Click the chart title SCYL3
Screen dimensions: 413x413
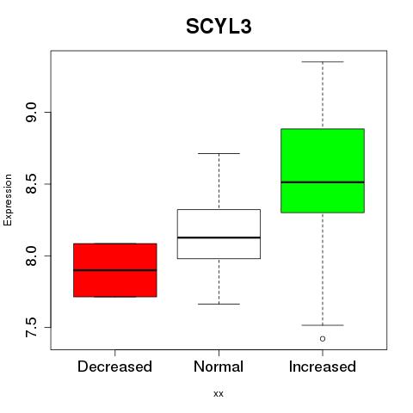click(x=219, y=27)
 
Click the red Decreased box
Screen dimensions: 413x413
click(x=115, y=270)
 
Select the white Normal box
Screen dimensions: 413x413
click(x=219, y=234)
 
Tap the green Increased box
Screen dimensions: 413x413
click(x=323, y=170)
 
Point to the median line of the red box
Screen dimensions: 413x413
click(x=115, y=270)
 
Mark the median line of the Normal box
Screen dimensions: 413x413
click(x=219, y=237)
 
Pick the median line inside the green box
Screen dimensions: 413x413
click(x=323, y=182)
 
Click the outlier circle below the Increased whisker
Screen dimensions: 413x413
click(x=323, y=339)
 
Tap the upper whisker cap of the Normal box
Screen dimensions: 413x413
click(x=219, y=153)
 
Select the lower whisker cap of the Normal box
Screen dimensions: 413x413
click(x=219, y=304)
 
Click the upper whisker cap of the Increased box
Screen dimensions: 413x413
click(x=323, y=62)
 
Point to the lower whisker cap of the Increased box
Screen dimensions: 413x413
click(x=323, y=325)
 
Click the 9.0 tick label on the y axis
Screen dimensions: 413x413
click(x=31, y=113)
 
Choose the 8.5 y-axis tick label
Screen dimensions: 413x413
click(x=31, y=184)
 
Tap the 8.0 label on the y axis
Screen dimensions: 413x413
click(x=31, y=256)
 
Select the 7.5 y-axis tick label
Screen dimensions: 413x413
click(x=31, y=327)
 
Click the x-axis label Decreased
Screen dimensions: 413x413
click(x=114, y=367)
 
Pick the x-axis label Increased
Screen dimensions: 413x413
click(x=323, y=367)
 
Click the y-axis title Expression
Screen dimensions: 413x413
click(x=8, y=200)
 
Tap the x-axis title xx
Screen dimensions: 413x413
click(x=219, y=394)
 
